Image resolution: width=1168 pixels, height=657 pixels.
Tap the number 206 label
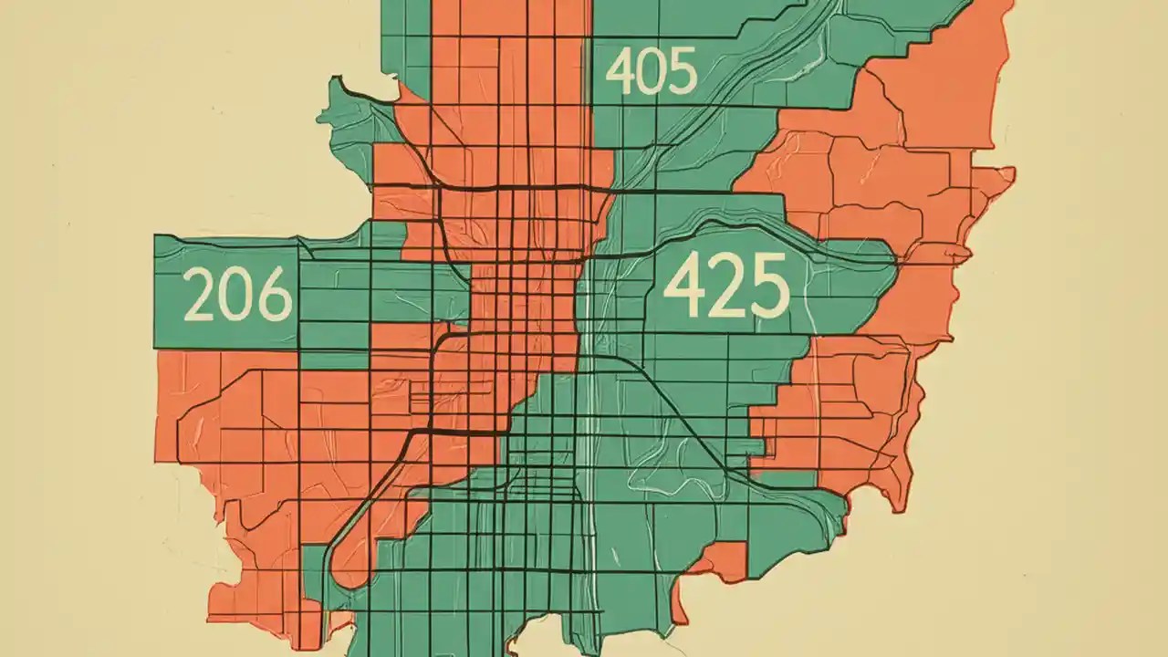(x=237, y=295)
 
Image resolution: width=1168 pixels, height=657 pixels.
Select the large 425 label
(x=725, y=286)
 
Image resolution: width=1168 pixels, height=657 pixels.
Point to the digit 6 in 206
(x=275, y=295)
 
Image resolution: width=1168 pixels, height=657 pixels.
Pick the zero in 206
(x=237, y=295)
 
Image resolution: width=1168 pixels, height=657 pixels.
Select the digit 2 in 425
(x=725, y=286)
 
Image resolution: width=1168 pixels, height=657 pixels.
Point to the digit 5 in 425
(x=768, y=286)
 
